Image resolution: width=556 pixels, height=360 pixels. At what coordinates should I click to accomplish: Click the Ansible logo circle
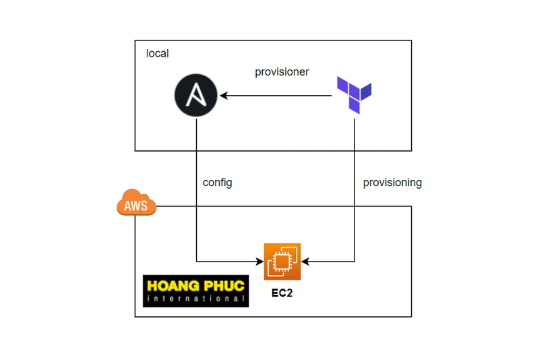coord(196,96)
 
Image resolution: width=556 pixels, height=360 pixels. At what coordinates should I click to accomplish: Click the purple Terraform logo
coord(354,94)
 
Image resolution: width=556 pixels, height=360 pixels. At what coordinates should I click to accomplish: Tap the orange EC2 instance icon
coord(283,262)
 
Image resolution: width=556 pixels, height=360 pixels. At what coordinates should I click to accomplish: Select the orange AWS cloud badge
coord(137,203)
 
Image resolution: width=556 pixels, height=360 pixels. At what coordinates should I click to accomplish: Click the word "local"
coord(158,53)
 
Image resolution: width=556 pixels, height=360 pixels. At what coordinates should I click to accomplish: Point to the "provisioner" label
coord(282,71)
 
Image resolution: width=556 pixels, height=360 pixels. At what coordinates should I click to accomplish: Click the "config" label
coord(217,182)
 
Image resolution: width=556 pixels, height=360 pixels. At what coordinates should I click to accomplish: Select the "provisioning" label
coord(392,182)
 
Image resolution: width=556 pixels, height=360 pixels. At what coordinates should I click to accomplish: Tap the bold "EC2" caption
coord(282,294)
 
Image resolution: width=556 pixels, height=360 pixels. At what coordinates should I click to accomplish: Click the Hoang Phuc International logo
coord(195,291)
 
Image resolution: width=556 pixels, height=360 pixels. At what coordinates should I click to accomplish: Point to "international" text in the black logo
coord(195,299)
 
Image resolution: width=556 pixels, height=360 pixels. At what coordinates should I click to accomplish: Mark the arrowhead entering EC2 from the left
coord(260,261)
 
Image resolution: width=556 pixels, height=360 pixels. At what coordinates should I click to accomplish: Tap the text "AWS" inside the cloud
coord(136,206)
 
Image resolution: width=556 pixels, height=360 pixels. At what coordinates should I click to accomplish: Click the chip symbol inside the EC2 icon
coord(286,259)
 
